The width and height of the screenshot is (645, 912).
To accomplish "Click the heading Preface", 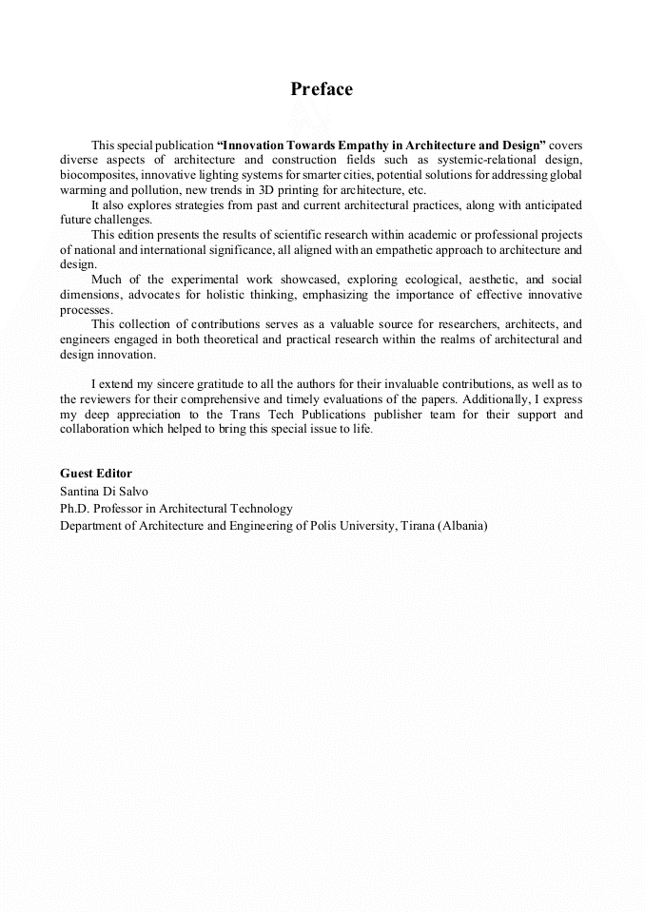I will point(322,89).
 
